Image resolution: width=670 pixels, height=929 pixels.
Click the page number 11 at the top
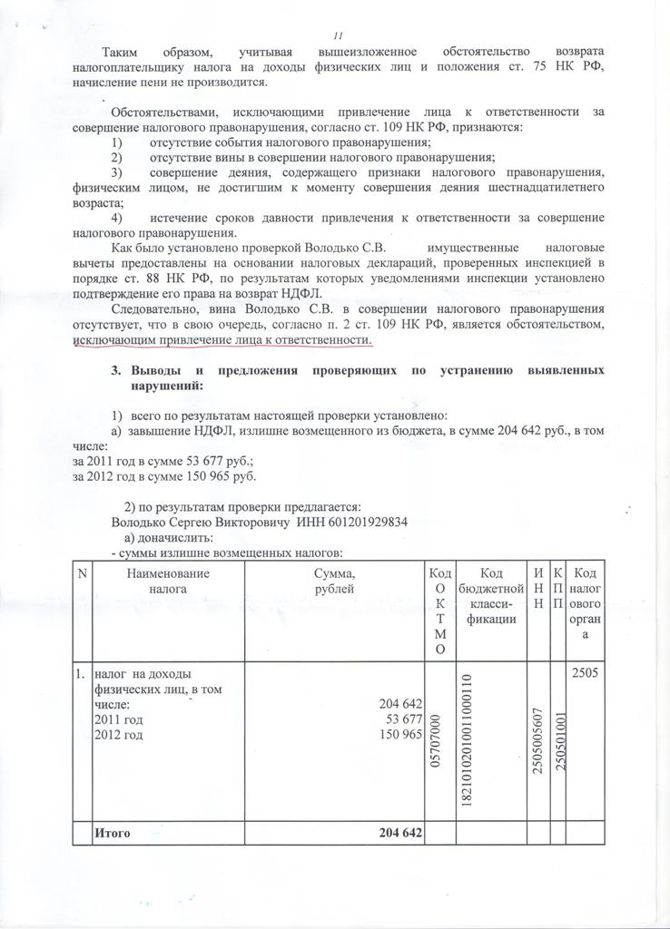338,35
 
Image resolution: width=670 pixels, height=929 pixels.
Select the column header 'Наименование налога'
168,581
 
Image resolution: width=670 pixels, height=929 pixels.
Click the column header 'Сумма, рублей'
334,581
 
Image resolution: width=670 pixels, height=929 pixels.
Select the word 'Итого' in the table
114,833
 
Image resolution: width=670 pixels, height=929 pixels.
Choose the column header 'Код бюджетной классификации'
490,595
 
